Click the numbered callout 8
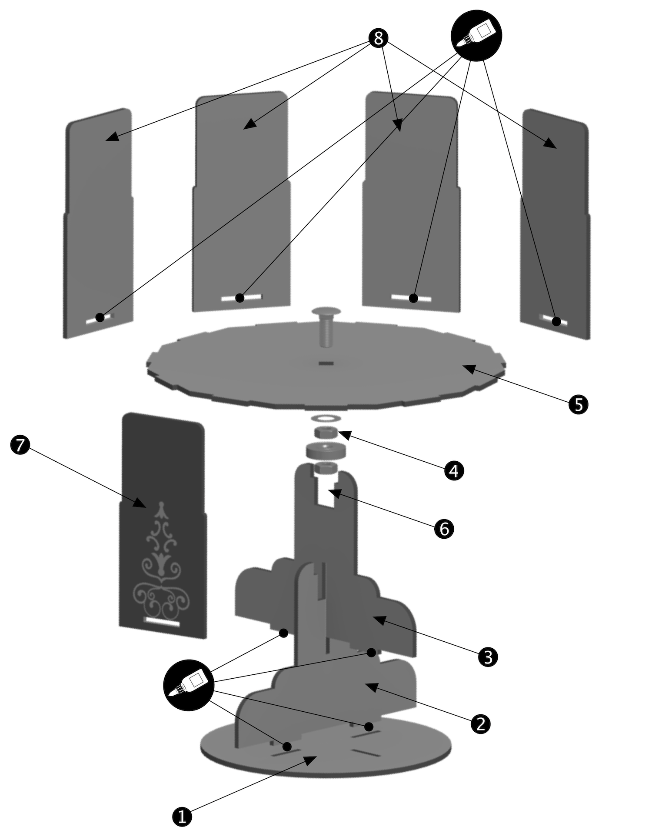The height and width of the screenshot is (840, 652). [x=378, y=39]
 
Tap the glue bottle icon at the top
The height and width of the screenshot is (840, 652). [x=476, y=35]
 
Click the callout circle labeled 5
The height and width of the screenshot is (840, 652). [x=578, y=404]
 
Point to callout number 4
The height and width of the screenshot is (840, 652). [x=454, y=470]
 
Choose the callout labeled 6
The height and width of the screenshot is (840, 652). [x=444, y=529]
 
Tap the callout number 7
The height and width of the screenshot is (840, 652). [x=20, y=445]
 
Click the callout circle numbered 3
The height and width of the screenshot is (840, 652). [x=488, y=657]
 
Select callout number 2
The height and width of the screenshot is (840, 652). [x=480, y=724]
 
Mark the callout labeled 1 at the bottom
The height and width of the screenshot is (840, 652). [x=182, y=816]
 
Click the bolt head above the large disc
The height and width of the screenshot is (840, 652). [x=326, y=312]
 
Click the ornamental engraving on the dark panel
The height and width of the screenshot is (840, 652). [x=162, y=565]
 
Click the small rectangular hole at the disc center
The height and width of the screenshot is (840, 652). [x=326, y=363]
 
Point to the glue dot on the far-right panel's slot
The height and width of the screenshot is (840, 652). [x=556, y=321]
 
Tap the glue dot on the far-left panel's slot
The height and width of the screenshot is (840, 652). [x=100, y=317]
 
